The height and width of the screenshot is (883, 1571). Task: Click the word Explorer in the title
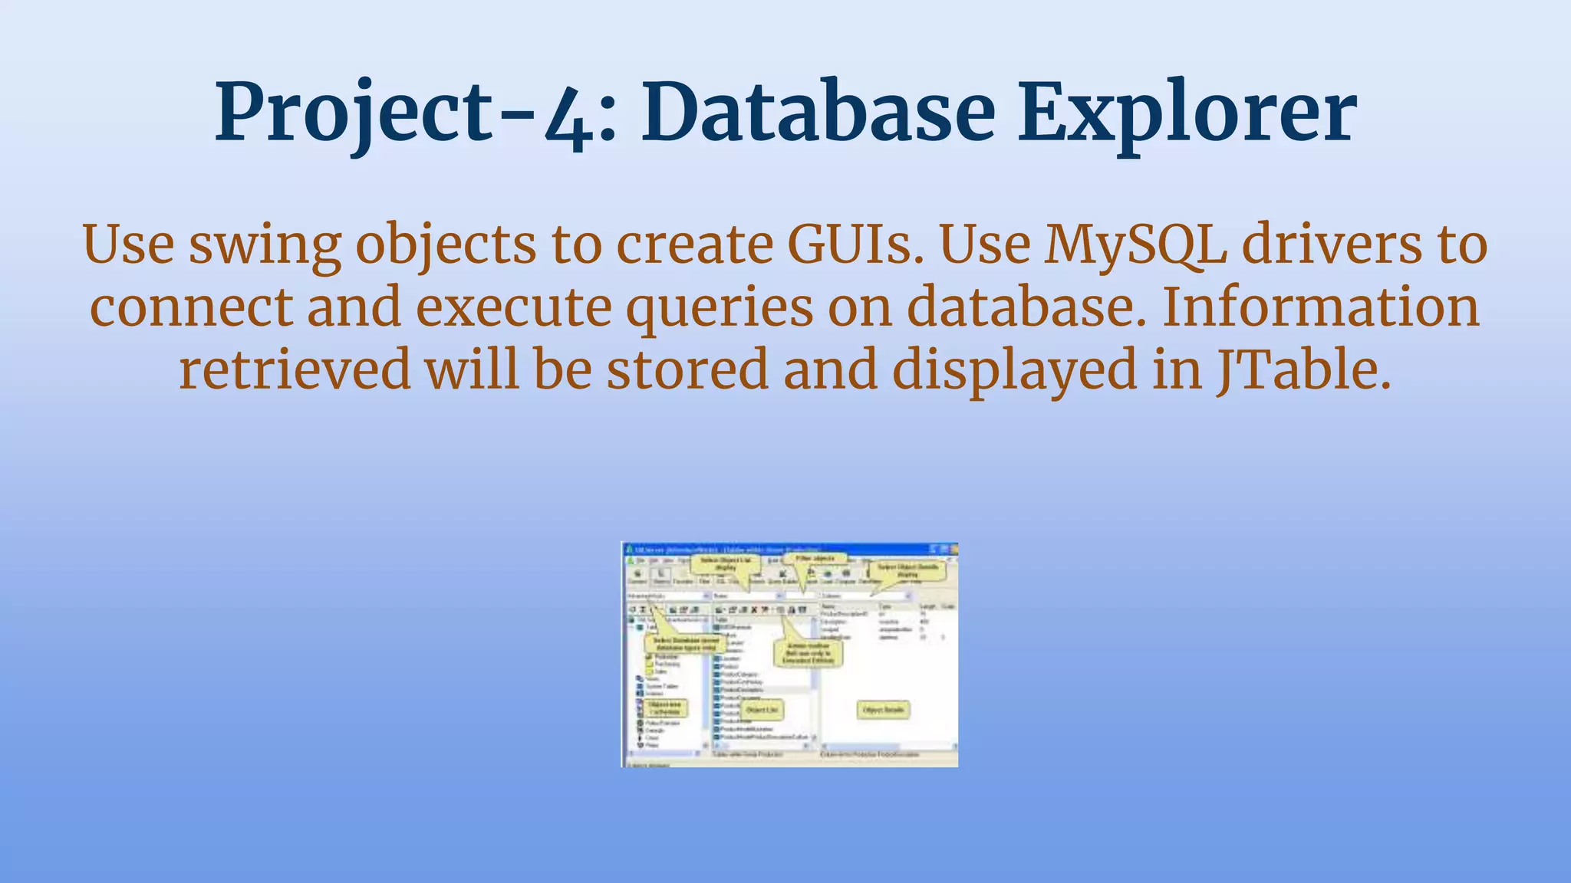point(1186,113)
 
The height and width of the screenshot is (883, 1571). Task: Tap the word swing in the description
point(265,245)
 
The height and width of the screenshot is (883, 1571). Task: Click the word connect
point(191,307)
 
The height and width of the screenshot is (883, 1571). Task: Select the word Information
point(1320,307)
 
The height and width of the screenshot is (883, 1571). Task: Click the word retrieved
point(295,369)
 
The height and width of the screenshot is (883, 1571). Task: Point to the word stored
point(687,369)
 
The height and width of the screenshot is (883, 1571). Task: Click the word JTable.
point(1303,369)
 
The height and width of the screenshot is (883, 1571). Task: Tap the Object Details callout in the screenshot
point(883,711)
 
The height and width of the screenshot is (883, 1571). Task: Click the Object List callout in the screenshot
point(762,711)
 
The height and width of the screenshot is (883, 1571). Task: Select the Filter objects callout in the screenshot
point(818,560)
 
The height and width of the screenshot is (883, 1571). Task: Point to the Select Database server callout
point(686,644)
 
